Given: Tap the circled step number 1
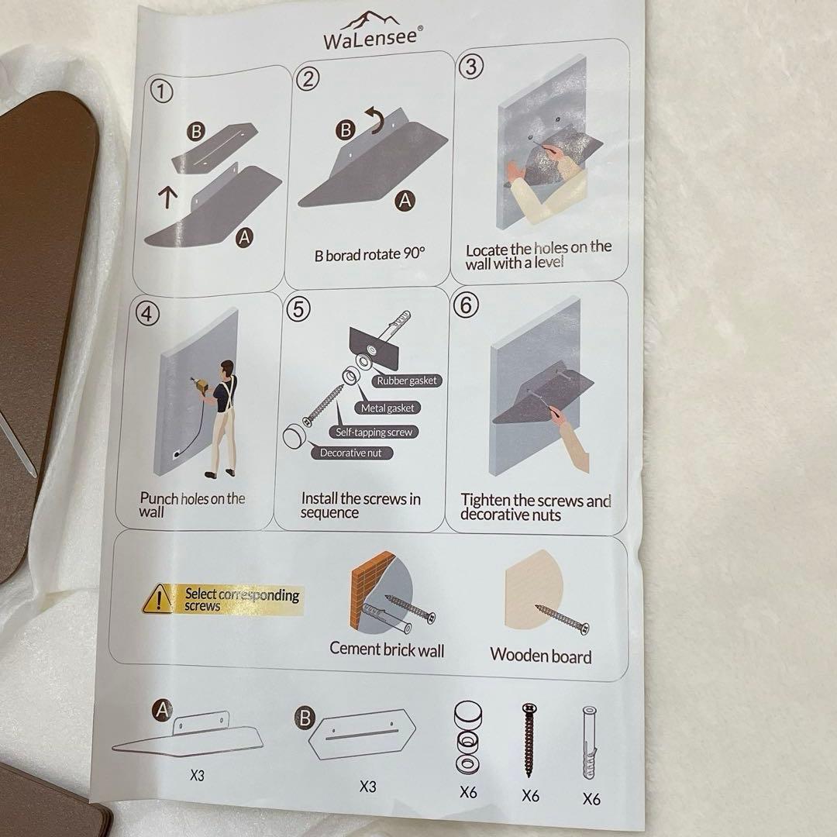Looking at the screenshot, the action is point(162,91).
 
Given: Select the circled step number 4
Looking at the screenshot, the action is point(147,313).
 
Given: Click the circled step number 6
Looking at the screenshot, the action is point(466,305).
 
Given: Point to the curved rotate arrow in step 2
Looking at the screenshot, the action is point(375,119).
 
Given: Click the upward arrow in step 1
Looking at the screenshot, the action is point(167,197).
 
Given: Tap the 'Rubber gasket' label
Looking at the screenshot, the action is point(406,381).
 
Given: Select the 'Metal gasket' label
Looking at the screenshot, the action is point(387,408).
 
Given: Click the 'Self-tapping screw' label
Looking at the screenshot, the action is point(374,432).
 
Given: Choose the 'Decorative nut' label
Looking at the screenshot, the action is point(351,453).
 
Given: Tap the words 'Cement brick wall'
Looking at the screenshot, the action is point(387,649).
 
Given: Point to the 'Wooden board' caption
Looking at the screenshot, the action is point(541,655).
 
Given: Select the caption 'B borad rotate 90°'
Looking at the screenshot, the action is point(370,254).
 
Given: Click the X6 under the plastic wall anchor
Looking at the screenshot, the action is point(591,798).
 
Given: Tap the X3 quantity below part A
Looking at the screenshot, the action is point(197,775).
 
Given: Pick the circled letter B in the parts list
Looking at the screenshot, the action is point(305,718).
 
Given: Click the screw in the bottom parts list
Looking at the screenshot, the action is point(529,740).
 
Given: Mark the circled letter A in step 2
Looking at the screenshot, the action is point(405,201).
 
